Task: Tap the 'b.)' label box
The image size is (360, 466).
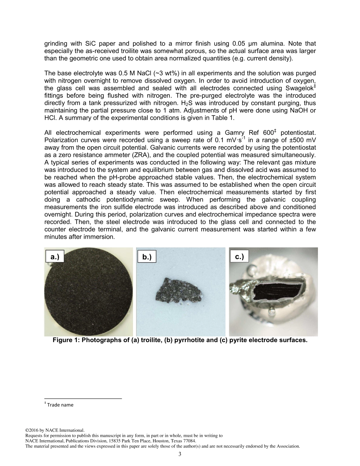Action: [x=147, y=257]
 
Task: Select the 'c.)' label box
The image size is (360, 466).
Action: [x=239, y=256]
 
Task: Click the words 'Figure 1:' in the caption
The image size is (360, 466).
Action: [x=67, y=340]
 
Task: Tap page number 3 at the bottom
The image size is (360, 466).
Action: [x=180, y=454]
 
